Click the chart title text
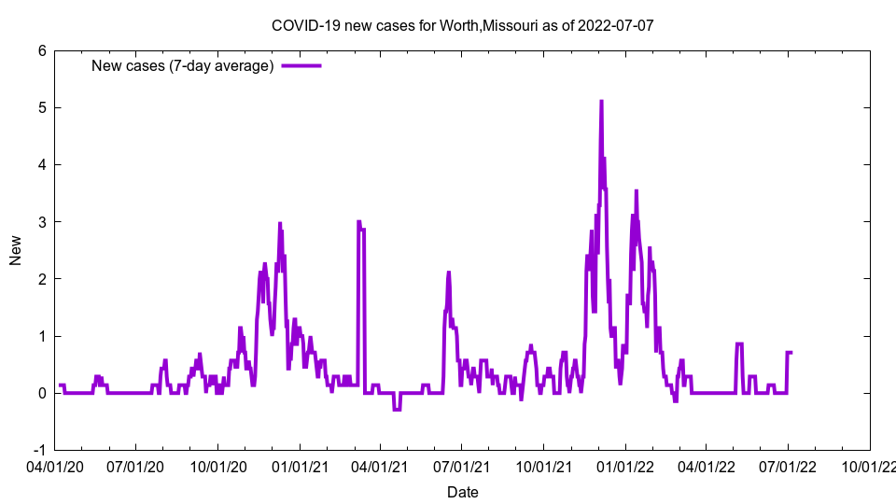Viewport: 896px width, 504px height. click(462, 25)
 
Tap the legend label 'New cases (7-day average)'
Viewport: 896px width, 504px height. click(182, 65)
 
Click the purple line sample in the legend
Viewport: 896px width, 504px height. click(301, 65)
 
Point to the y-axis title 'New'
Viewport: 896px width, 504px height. click(16, 250)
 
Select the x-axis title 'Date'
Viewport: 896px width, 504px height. click(462, 491)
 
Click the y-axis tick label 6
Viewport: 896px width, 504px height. click(43, 50)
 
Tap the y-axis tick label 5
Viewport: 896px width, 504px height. click(43, 107)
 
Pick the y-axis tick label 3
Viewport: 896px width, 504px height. click(43, 221)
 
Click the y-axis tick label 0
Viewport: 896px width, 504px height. click(43, 393)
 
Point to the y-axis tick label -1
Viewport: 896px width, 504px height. click(40, 450)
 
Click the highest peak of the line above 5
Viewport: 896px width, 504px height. click(601, 102)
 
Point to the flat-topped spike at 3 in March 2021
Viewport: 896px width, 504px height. click(360, 224)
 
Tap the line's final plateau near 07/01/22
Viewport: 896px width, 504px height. click(790, 353)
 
